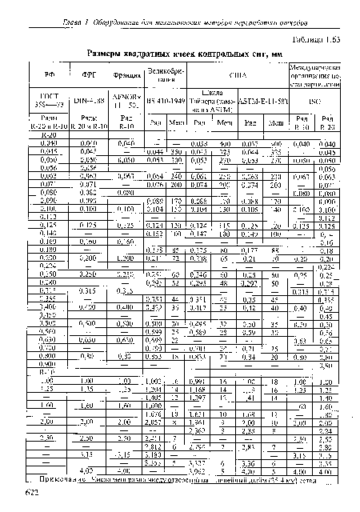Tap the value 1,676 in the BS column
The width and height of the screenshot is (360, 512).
pyautogui.click(x=156, y=414)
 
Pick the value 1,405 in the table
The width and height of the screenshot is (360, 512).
pyautogui.click(x=156, y=398)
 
